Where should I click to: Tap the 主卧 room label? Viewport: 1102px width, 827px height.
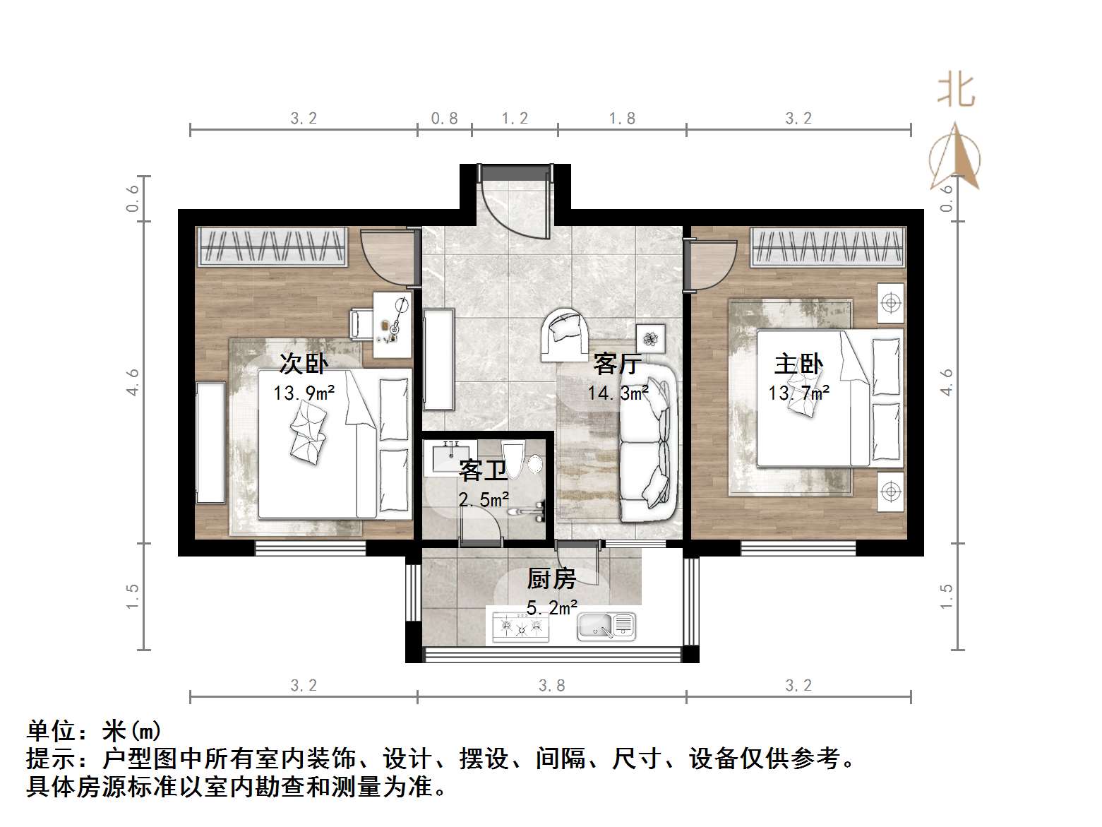798,364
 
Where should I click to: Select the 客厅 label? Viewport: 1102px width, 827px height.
617,364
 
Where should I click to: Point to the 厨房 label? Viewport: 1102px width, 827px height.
551,579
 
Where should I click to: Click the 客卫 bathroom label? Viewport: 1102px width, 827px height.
483,470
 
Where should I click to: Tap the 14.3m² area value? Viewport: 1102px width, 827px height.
618,392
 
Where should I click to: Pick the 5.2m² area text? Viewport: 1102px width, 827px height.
552,607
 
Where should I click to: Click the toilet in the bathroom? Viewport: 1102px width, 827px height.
514,459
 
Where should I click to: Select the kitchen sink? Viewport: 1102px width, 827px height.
606,626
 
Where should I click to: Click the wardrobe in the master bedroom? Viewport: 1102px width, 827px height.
827,246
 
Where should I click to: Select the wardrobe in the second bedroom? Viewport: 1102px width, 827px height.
272,246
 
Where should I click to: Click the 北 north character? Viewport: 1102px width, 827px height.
956,90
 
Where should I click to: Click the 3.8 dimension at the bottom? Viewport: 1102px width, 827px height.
551,685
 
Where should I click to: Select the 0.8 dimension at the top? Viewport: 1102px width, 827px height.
444,119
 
